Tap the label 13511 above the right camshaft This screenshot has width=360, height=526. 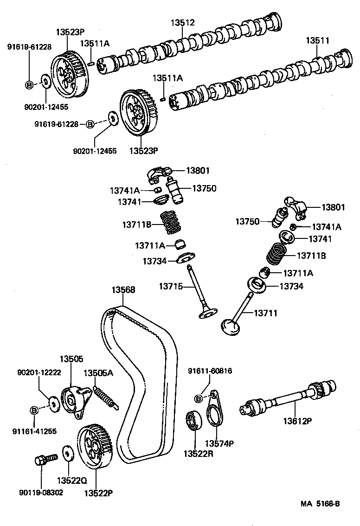tap(317, 41)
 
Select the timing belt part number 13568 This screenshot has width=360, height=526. tap(123, 290)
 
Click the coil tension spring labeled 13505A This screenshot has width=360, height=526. tap(106, 397)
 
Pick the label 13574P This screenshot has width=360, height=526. tap(219, 443)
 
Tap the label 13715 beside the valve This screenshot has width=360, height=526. tap(173, 287)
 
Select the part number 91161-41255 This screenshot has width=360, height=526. tap(34, 431)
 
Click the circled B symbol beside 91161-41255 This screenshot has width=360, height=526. tap(34, 410)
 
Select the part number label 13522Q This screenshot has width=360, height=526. tap(72, 480)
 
